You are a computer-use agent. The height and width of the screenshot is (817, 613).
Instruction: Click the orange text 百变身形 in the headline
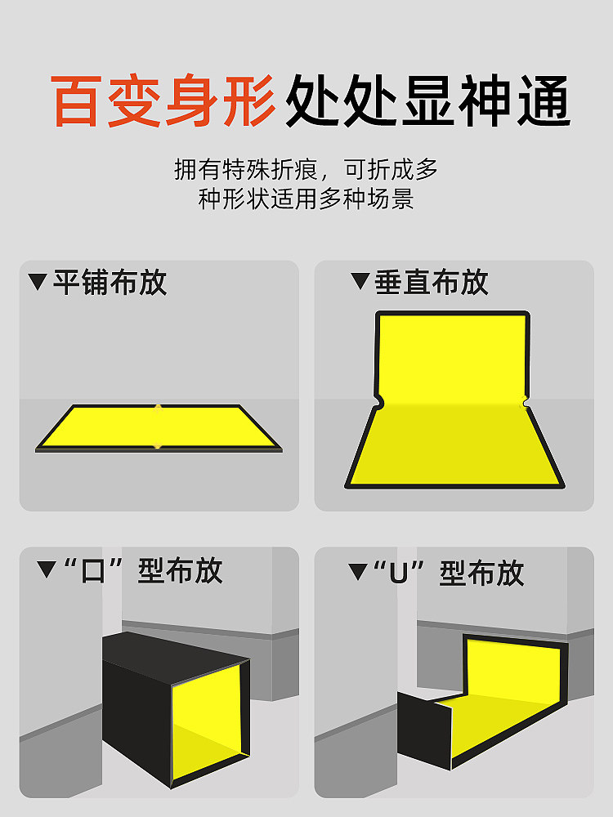[163, 100]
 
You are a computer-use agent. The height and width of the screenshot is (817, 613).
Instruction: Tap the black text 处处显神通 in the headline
[428, 100]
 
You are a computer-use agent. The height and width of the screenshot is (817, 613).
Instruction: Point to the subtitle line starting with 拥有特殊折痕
[306, 169]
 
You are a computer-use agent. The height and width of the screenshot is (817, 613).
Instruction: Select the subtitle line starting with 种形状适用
[306, 199]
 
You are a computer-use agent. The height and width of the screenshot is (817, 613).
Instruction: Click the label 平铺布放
[110, 283]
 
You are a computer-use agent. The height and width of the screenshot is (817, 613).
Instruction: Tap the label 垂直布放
[432, 282]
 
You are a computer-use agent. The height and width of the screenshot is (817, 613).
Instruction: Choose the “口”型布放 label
[141, 570]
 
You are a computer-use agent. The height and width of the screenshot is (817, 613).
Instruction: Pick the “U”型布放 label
[449, 573]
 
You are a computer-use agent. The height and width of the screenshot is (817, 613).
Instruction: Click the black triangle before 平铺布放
[38, 281]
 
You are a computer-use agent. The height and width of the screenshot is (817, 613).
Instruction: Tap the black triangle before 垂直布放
[360, 281]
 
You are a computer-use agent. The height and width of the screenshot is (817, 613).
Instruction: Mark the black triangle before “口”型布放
[47, 569]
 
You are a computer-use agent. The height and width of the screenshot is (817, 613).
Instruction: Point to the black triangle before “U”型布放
[358, 572]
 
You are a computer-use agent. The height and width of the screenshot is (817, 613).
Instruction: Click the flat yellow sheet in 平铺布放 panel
[159, 426]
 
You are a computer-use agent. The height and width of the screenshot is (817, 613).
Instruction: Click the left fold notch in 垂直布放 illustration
[379, 402]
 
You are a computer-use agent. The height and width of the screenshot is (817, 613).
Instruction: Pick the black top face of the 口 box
[176, 657]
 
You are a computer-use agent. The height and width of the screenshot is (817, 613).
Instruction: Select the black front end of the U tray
[424, 730]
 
